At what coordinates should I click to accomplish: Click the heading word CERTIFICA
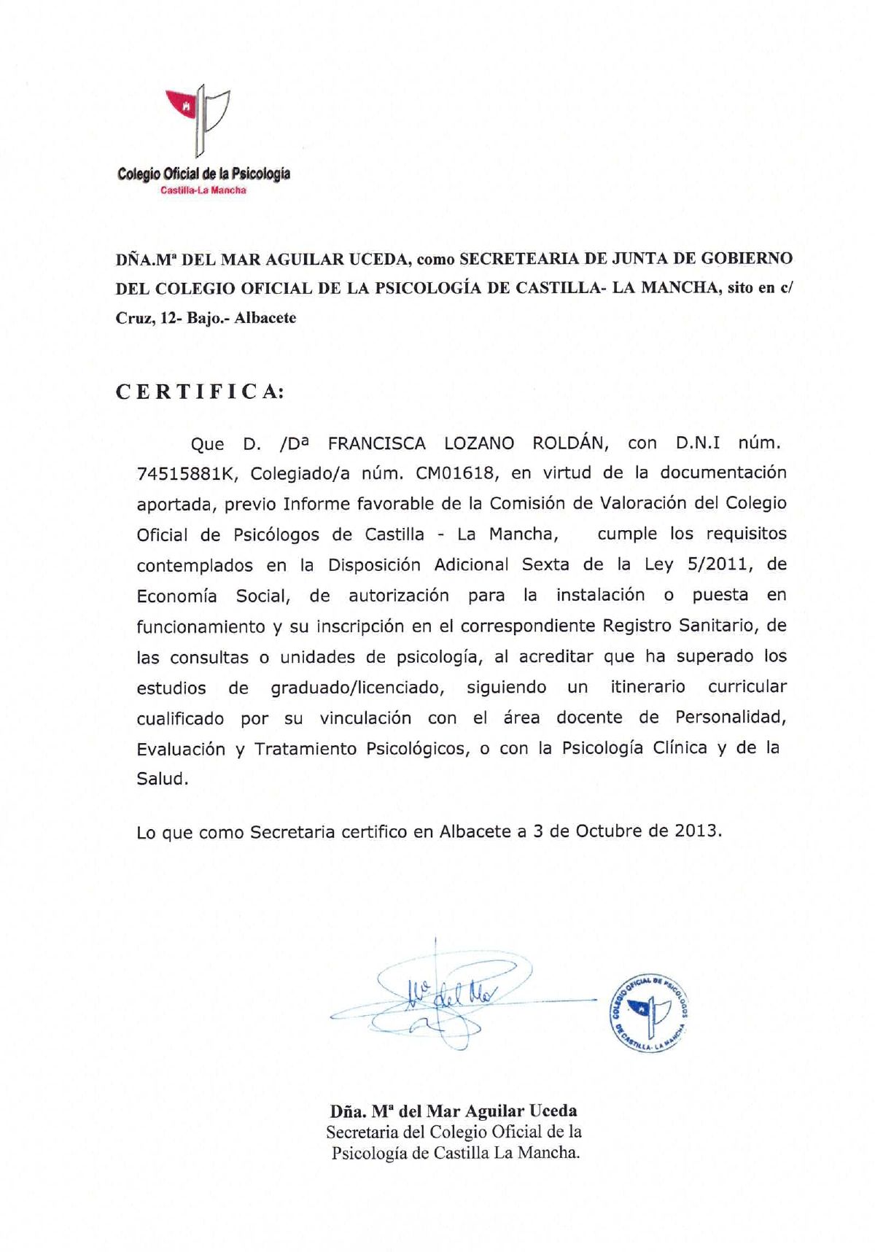click(x=199, y=392)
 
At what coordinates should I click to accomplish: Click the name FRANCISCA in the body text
click(x=377, y=443)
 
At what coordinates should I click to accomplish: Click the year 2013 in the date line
click(x=697, y=831)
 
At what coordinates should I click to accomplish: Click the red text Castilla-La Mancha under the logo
click(x=203, y=190)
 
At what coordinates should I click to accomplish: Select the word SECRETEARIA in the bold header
click(x=519, y=258)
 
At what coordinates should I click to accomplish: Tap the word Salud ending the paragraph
click(x=162, y=779)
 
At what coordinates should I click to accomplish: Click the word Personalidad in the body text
click(x=731, y=718)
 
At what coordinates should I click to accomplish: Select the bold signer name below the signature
click(x=454, y=1111)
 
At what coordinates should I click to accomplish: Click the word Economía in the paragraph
click(x=176, y=596)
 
